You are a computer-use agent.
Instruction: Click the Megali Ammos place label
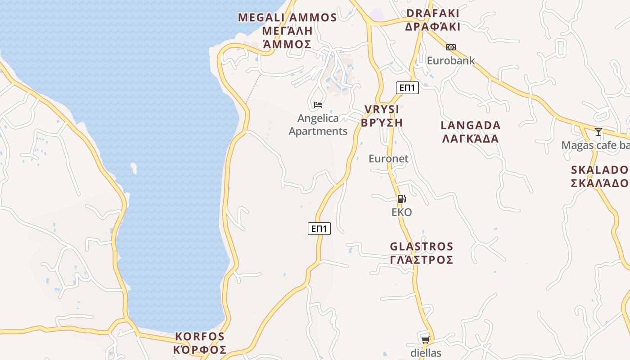(287, 31)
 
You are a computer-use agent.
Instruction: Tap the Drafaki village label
(432, 20)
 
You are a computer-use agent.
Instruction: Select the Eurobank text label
(450, 60)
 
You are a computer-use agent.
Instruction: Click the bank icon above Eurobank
(450, 47)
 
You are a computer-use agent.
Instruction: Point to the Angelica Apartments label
(318, 125)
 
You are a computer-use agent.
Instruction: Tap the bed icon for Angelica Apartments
(318, 105)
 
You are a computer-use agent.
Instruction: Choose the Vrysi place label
(382, 116)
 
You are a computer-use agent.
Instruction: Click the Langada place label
(470, 132)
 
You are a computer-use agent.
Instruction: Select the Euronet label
(388, 158)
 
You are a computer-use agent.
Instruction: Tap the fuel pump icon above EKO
(401, 199)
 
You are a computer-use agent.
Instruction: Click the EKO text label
(401, 212)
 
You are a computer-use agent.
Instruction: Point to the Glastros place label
(421, 253)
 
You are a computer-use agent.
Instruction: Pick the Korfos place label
(200, 343)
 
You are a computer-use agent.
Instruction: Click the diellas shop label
(426, 353)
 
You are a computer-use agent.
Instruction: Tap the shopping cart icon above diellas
(425, 340)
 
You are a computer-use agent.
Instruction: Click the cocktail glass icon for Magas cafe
(598, 132)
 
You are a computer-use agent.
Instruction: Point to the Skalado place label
(600, 176)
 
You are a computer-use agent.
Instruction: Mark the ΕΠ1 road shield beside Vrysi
(408, 88)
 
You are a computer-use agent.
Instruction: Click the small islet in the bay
(134, 168)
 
